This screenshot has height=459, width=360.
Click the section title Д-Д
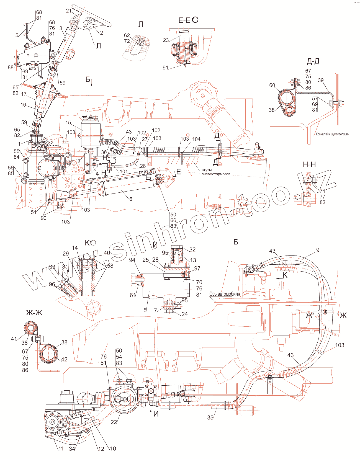[x=313, y=61]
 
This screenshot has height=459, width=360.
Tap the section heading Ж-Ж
[x=34, y=313]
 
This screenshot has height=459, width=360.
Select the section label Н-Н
[x=309, y=164]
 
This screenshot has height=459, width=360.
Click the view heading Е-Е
[x=184, y=20]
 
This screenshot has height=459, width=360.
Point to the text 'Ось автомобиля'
[x=225, y=294]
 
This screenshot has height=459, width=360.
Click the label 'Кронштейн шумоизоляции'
[x=332, y=134]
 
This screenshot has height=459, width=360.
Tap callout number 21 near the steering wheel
[x=69, y=11]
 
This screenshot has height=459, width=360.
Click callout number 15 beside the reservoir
[x=68, y=122]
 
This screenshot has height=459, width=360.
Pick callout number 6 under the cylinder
[x=131, y=199]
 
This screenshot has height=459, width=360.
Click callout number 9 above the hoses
[x=318, y=250]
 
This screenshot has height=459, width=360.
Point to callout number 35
[x=210, y=417]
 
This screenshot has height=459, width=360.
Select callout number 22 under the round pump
[x=114, y=422]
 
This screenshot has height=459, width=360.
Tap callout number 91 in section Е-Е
[x=165, y=68]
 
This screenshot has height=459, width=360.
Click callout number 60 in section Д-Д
[x=272, y=85]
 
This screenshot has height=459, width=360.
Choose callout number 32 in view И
[x=192, y=249]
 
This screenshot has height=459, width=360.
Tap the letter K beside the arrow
[x=285, y=275]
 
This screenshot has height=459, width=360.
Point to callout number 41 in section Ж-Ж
[x=14, y=339]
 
